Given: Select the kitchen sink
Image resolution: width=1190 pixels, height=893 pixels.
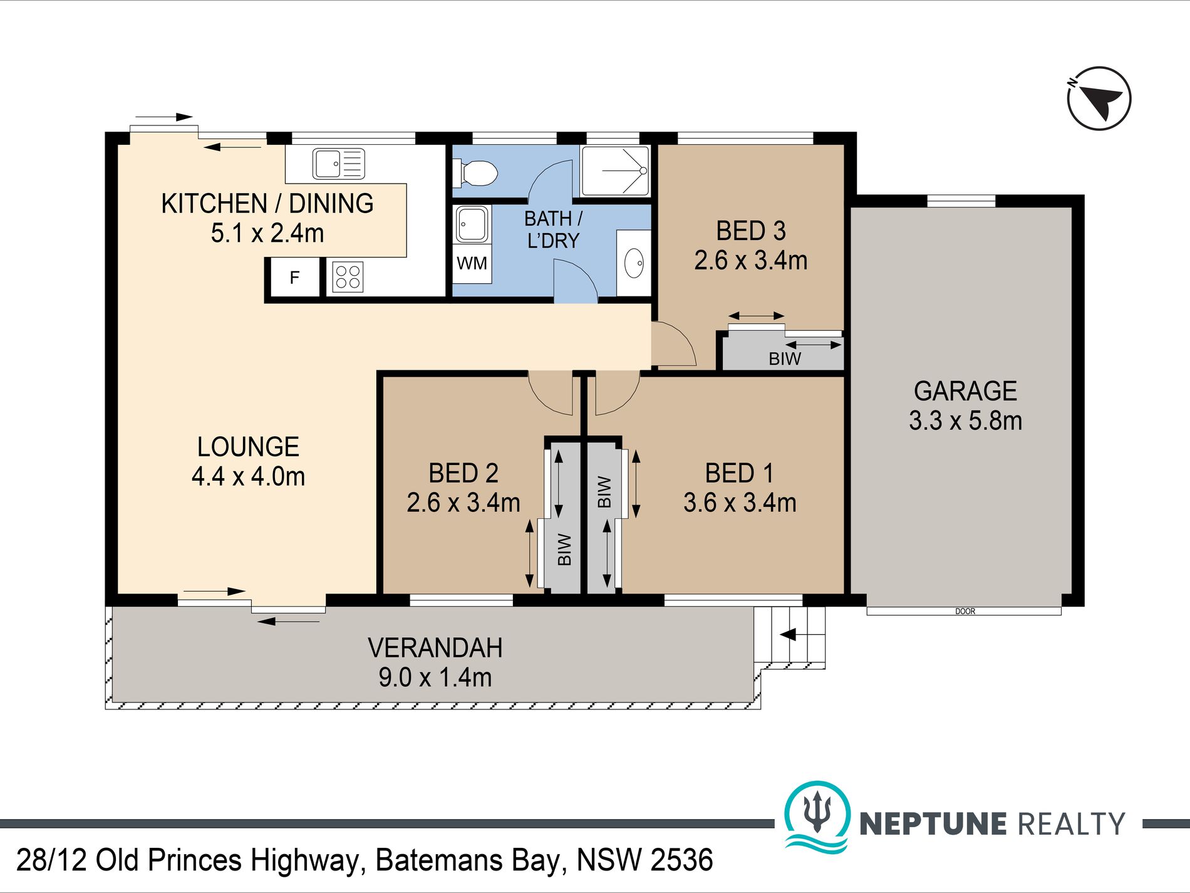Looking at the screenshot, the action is point(338,164).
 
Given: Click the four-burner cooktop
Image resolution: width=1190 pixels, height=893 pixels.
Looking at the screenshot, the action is point(348,277).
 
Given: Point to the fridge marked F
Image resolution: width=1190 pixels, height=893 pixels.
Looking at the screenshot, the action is point(294,277).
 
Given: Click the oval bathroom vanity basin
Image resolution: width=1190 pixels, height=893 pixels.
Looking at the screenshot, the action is point(634,263).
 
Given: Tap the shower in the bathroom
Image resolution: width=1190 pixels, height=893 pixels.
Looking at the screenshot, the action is point(615,171).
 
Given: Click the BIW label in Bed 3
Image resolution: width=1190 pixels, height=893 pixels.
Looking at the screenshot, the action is point(785,359).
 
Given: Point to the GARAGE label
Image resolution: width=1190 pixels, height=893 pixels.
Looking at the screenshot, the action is point(965,391).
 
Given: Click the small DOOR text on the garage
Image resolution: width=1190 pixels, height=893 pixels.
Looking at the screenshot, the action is point(965,611).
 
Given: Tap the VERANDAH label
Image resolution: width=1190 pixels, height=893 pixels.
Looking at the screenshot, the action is point(435,648).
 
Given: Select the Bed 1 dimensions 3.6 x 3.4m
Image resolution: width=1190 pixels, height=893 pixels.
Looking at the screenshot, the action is point(740,503).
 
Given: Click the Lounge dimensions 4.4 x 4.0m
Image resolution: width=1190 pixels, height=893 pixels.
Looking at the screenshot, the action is point(248,476).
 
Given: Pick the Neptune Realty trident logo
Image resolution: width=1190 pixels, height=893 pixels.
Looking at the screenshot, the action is point(817,816).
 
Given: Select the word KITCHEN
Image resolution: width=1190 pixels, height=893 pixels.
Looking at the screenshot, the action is point(214,204).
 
